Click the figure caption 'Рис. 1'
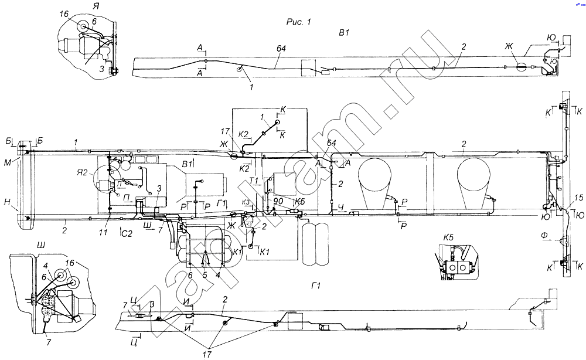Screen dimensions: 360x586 click(x=298, y=22)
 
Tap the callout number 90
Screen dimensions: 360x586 click(x=278, y=202)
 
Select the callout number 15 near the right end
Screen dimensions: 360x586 click(x=579, y=198)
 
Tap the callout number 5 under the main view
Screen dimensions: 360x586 click(x=205, y=274)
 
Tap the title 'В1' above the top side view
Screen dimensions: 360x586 click(x=343, y=32)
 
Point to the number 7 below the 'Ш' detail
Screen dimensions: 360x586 click(x=47, y=341)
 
